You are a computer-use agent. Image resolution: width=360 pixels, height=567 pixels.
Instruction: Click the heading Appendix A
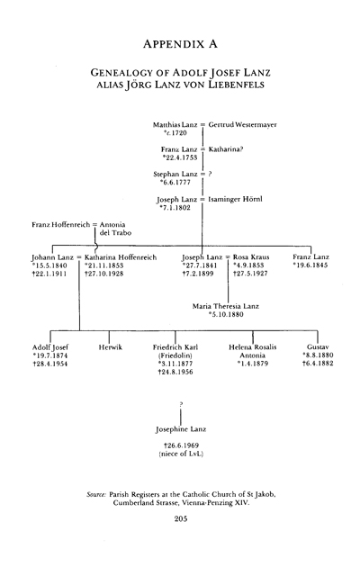point(180,44)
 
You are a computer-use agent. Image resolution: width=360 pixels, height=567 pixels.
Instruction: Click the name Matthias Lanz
point(175,125)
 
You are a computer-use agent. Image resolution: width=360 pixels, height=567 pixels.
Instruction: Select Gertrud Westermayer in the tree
point(242,125)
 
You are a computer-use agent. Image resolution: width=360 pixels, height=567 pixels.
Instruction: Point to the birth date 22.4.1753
point(180,157)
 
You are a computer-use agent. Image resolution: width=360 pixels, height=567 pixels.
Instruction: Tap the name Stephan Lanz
point(175,175)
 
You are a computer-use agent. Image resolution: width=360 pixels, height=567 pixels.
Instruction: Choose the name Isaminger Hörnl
point(235,199)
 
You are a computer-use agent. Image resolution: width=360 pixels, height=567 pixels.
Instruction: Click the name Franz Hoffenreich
point(60,225)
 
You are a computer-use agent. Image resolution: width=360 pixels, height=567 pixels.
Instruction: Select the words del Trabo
point(115,233)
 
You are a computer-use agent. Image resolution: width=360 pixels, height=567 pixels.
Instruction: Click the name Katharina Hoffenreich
point(121,257)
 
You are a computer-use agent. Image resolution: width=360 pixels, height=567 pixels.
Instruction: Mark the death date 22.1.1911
point(49,274)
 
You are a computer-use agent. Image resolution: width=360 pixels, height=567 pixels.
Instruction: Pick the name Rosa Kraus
point(251,257)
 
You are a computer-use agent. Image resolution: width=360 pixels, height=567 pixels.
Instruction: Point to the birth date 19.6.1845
point(310,265)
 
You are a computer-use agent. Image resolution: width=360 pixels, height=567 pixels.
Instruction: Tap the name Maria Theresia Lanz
point(226,306)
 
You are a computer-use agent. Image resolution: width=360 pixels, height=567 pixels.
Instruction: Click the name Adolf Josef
point(49,347)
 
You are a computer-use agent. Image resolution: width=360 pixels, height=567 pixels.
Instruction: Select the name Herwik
point(110,347)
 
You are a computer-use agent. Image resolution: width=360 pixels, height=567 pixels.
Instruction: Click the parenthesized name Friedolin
point(175,355)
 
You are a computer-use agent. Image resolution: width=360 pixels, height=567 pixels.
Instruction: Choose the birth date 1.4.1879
point(253,364)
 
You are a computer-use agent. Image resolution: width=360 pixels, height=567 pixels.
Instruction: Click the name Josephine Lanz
point(181,429)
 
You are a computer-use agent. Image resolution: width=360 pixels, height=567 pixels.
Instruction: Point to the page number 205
point(180,519)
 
